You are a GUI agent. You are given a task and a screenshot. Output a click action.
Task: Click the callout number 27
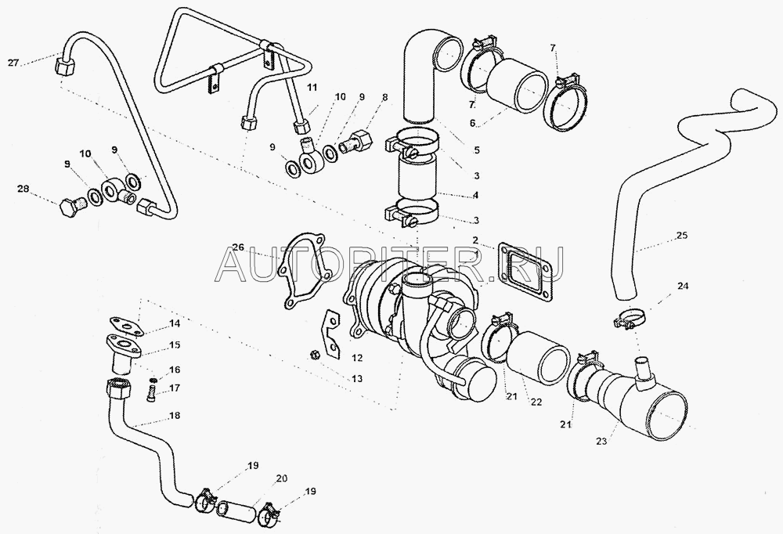pyautogui.click(x=13, y=63)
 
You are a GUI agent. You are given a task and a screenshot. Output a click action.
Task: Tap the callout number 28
pyautogui.click(x=23, y=189)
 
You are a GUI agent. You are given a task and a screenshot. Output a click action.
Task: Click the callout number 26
pyautogui.click(x=239, y=247)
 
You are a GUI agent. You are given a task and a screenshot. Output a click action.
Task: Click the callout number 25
pyautogui.click(x=682, y=235)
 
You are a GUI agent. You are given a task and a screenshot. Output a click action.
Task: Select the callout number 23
pyautogui.click(x=601, y=442)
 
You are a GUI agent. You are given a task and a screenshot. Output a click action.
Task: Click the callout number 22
pyautogui.click(x=536, y=402)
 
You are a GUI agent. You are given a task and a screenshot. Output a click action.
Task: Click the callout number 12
pyautogui.click(x=356, y=358)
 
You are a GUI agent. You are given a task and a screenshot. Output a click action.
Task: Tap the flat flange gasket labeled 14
pyautogui.click(x=124, y=325)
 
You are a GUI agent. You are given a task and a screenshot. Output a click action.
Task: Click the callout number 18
pyautogui.click(x=175, y=416)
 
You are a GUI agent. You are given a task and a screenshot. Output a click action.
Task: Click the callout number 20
pyautogui.click(x=282, y=478)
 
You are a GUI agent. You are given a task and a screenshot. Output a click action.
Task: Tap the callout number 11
pyautogui.click(x=312, y=88)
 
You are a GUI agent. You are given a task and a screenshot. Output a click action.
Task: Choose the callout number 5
pyautogui.click(x=477, y=150)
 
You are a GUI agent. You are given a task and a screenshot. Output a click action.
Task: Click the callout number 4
pyautogui.click(x=476, y=195)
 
